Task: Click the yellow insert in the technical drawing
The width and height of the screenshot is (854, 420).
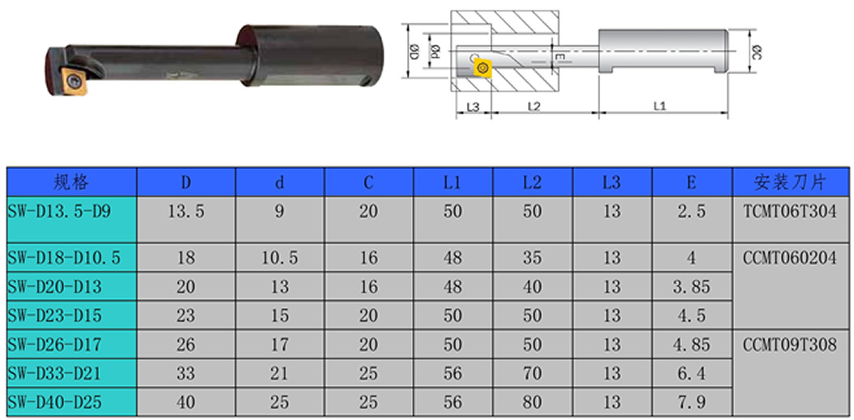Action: pyautogui.click(x=482, y=67)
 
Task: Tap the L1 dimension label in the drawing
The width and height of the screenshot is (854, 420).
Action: pyautogui.click(x=659, y=105)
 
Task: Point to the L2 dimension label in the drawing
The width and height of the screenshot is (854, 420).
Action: pyautogui.click(x=534, y=105)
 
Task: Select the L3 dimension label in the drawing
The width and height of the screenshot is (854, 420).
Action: pyautogui.click(x=472, y=105)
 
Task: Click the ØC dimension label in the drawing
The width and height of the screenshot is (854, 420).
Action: pyautogui.click(x=756, y=52)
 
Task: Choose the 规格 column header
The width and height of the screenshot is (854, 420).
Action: pyautogui.click(x=71, y=182)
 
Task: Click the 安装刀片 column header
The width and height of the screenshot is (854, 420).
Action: pyautogui.click(x=790, y=182)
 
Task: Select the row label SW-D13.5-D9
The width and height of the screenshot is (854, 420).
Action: pyautogui.click(x=59, y=212)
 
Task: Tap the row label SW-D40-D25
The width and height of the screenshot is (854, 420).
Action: pyautogui.click(x=55, y=402)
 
